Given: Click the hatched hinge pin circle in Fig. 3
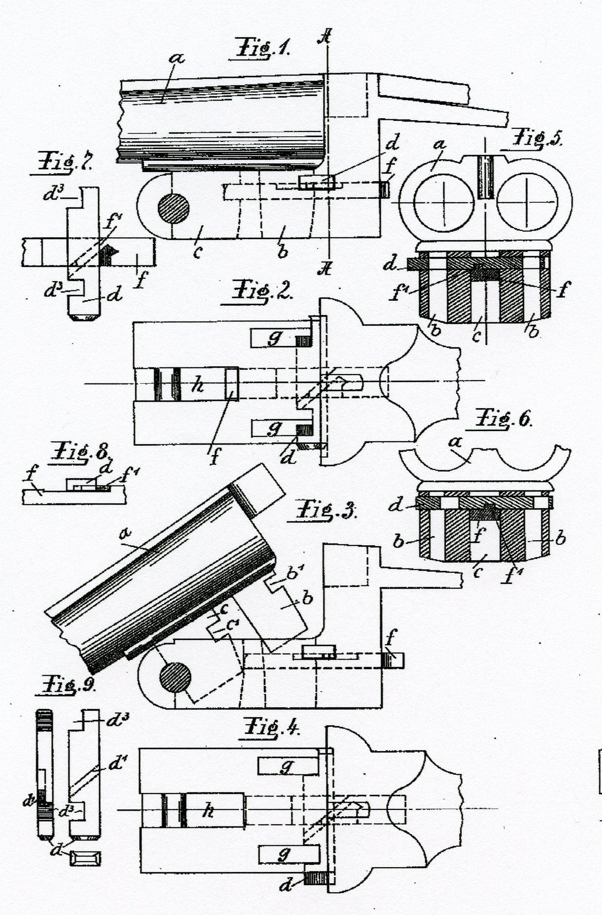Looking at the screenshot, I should (x=175, y=678).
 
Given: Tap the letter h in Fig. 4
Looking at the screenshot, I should (x=207, y=810).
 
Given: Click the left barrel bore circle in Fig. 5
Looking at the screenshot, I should (x=445, y=202).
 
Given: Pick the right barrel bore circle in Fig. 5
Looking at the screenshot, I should (x=526, y=202).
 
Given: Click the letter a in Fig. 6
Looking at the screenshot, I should (x=455, y=443).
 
